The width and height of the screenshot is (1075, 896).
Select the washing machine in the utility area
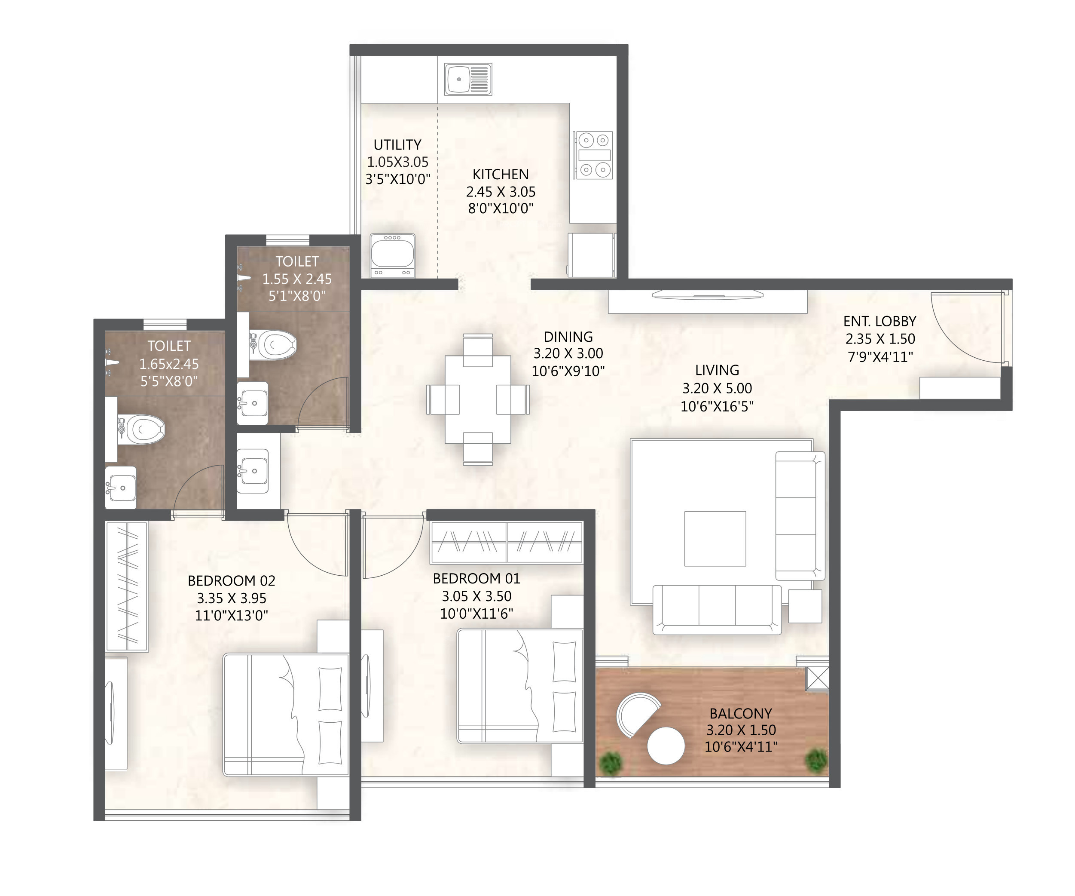(393, 256)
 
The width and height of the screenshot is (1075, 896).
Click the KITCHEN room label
(501, 174)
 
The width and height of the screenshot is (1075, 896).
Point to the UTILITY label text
(397, 144)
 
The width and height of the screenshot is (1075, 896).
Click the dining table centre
(478, 399)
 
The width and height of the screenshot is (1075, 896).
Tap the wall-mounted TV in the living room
(708, 294)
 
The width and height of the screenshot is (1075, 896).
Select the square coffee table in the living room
(715, 538)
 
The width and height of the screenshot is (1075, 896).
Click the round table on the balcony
(666, 746)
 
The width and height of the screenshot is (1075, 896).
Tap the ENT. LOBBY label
(880, 321)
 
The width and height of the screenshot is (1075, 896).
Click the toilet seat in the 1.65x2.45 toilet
(141, 429)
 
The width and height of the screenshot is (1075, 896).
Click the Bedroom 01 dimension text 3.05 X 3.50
(476, 596)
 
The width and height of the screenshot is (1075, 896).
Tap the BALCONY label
(741, 713)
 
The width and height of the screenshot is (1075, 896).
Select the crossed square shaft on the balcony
(818, 679)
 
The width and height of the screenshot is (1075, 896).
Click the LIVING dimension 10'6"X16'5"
(717, 406)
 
